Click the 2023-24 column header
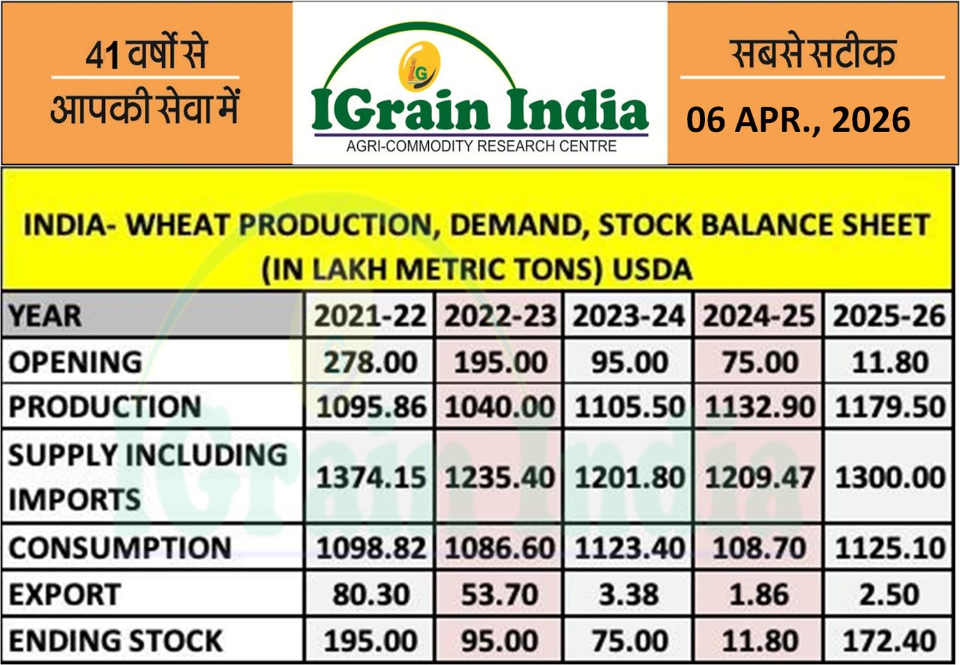click(x=628, y=316)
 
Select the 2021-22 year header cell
click(x=370, y=316)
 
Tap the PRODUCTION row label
click(x=105, y=406)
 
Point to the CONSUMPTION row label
click(x=120, y=547)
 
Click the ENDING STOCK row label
click(x=115, y=641)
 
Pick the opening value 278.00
click(x=370, y=362)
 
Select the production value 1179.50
click(x=890, y=406)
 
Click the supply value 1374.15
click(x=370, y=478)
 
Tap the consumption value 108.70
click(x=759, y=548)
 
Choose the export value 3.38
click(x=628, y=595)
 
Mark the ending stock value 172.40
click(x=889, y=641)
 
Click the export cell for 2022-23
click(x=499, y=595)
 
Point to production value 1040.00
click(x=499, y=406)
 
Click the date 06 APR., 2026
click(x=799, y=120)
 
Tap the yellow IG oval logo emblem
click(x=419, y=67)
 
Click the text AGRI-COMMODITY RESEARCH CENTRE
click(x=481, y=146)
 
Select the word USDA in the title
click(x=652, y=269)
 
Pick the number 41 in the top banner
click(x=102, y=56)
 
